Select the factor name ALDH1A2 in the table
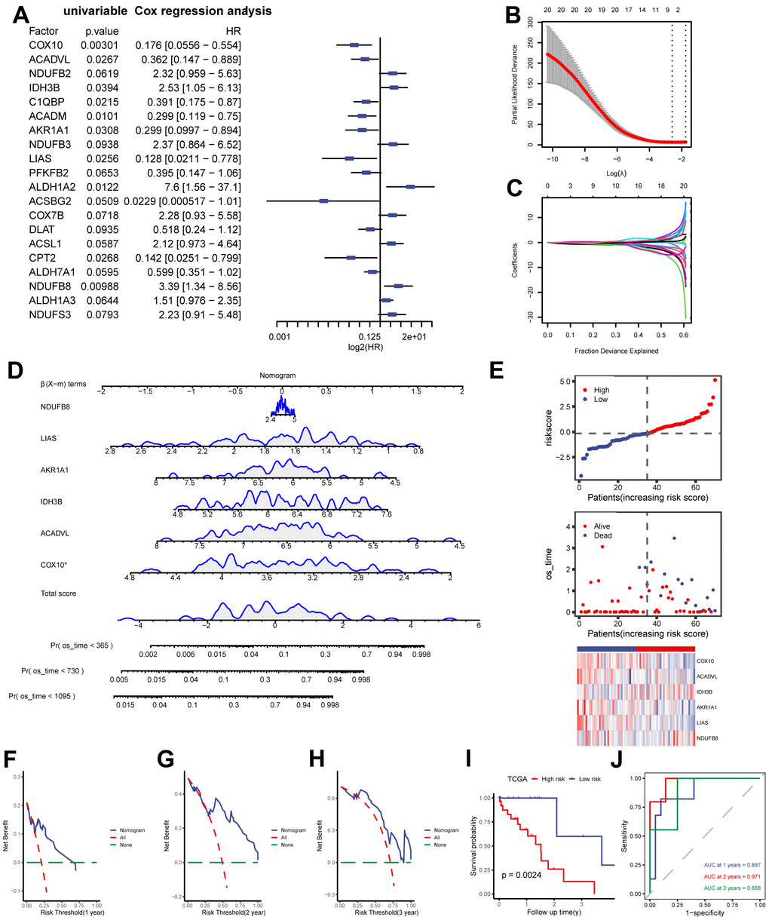pos(50,186)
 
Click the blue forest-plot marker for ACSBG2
pos(323,201)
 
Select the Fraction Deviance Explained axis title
pos(617,351)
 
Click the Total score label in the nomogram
pos(60,593)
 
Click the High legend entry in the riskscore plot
pos(602,390)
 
